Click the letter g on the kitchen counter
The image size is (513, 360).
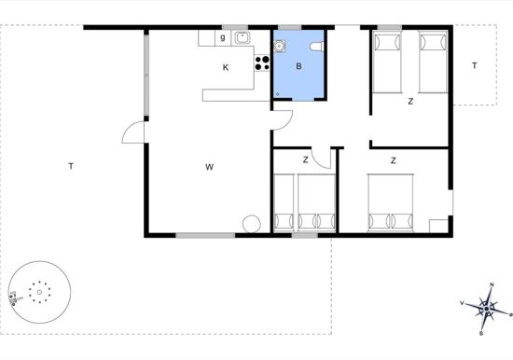pos(222,38)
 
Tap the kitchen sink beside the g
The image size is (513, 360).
pos(243,38)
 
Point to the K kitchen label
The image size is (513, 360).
pos(226,67)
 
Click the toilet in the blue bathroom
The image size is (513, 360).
pos(316,48)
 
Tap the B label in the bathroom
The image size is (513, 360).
pos(298,66)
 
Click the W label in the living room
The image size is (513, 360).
pos(210,167)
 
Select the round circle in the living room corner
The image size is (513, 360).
pos(251,225)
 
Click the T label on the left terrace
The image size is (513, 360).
pos(71,167)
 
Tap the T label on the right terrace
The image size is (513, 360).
pos(474,65)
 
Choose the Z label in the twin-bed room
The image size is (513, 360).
pos(410,101)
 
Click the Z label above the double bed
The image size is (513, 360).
pos(394,160)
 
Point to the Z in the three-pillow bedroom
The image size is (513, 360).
pos(305,160)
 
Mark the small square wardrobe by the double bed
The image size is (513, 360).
pos(437,226)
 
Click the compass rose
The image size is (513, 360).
pos(487,306)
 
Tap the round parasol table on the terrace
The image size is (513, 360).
pos(39,291)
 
